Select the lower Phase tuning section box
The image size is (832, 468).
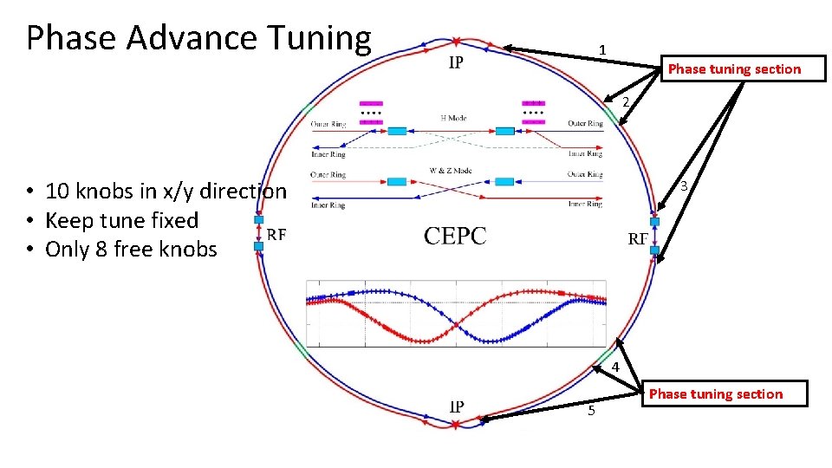point(715,394)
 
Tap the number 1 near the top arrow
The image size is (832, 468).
point(601,49)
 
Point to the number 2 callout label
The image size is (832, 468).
point(625,102)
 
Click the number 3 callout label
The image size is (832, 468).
point(684,186)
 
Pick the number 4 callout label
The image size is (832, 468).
point(614,367)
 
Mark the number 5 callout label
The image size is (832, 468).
point(591,411)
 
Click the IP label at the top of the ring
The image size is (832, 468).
point(456,62)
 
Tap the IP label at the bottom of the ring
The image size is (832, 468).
point(456,406)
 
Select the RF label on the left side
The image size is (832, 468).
point(276,234)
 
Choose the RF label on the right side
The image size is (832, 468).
point(637,238)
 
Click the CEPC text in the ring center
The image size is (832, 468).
point(455,236)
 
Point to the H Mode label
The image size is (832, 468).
point(453,118)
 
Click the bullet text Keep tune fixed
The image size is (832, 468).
point(121,220)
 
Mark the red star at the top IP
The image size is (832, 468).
point(456,41)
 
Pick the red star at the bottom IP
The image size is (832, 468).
point(456,424)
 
